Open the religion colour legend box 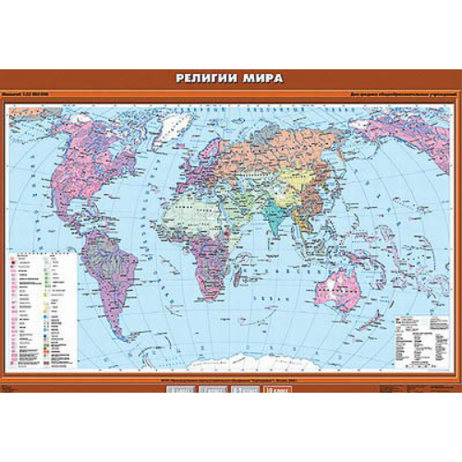pyautogui.click(x=42, y=304)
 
